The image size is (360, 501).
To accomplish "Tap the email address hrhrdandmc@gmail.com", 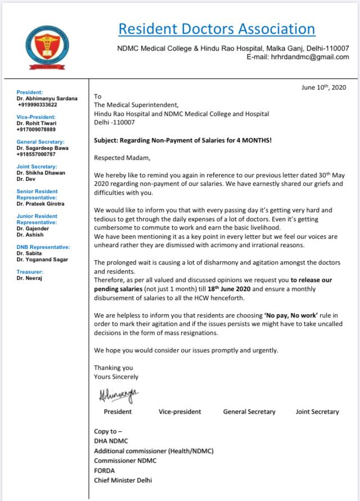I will (x=310, y=57).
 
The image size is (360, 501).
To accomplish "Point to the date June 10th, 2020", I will (x=323, y=87).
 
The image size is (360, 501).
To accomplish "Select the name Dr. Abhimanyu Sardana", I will (x=47, y=99).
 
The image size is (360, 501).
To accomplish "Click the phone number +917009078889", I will (x=37, y=129).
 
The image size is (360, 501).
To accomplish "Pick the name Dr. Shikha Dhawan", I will (x=40, y=173).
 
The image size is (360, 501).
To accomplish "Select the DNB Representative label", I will (x=43, y=247).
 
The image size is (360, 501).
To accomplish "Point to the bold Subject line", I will (x=183, y=140).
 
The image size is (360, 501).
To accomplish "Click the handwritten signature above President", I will (x=118, y=395).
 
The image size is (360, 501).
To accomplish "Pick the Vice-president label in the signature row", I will (x=179, y=411).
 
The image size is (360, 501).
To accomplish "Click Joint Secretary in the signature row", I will (x=317, y=411).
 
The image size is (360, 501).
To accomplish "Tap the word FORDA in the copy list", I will (x=104, y=470).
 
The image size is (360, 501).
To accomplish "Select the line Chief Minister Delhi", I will (x=123, y=480).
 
